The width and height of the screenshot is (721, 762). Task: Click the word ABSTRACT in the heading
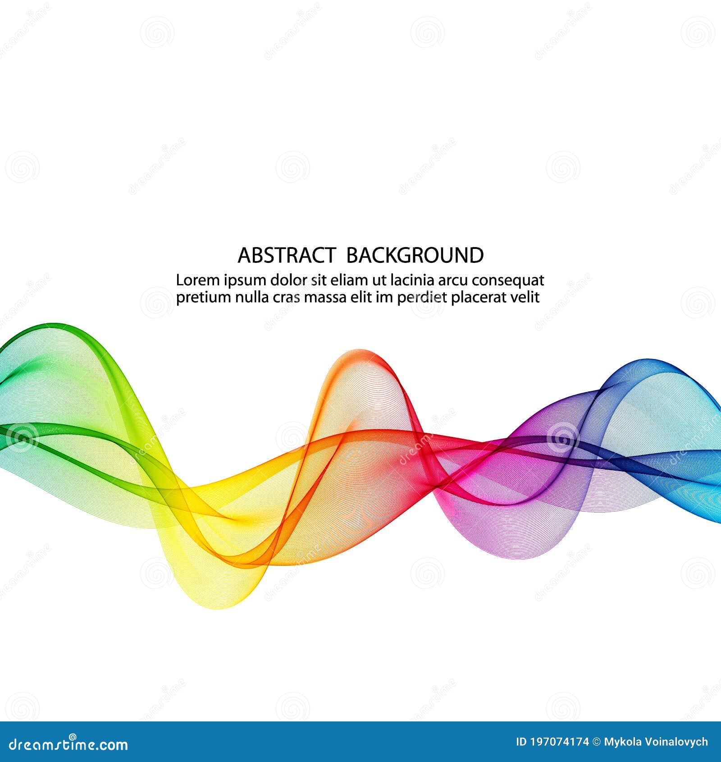[x=286, y=255]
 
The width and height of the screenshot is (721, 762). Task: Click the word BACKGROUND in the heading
[x=415, y=255]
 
